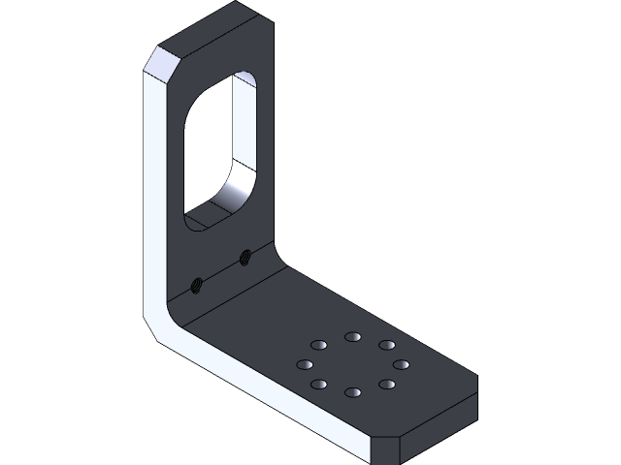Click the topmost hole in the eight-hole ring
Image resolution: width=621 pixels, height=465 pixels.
(x=351, y=335)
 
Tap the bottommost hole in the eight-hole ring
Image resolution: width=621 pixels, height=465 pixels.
(x=352, y=393)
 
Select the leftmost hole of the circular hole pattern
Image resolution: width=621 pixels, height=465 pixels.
(x=304, y=365)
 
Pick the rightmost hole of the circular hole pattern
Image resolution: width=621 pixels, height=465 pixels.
(x=400, y=364)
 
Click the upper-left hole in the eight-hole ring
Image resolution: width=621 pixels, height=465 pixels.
(x=317, y=345)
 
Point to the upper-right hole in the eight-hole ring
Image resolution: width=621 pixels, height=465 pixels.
(x=386, y=345)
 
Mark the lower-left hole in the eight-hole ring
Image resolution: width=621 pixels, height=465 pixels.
(x=318, y=386)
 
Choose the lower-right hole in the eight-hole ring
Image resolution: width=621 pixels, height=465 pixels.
(x=386, y=385)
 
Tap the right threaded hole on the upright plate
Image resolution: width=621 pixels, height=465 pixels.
(x=245, y=257)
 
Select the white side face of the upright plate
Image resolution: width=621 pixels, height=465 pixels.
(x=155, y=194)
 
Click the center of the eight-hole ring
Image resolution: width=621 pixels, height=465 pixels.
(x=352, y=365)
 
